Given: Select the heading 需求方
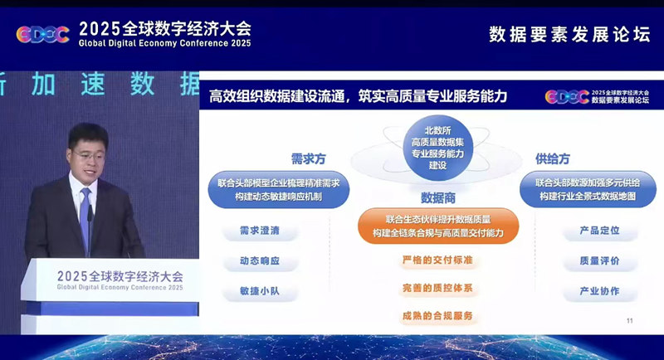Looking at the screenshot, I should (x=308, y=158).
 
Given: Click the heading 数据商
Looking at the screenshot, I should (x=438, y=198).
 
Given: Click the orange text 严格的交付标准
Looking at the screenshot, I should (x=437, y=260).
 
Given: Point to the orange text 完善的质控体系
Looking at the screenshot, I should (x=437, y=288).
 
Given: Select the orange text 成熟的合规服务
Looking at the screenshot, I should (x=437, y=316).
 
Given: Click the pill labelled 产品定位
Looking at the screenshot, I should (x=591, y=231).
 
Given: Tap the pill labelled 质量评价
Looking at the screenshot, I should (x=591, y=260).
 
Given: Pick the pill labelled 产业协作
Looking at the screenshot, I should (x=591, y=291).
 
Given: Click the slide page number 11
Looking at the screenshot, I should (x=629, y=321).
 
